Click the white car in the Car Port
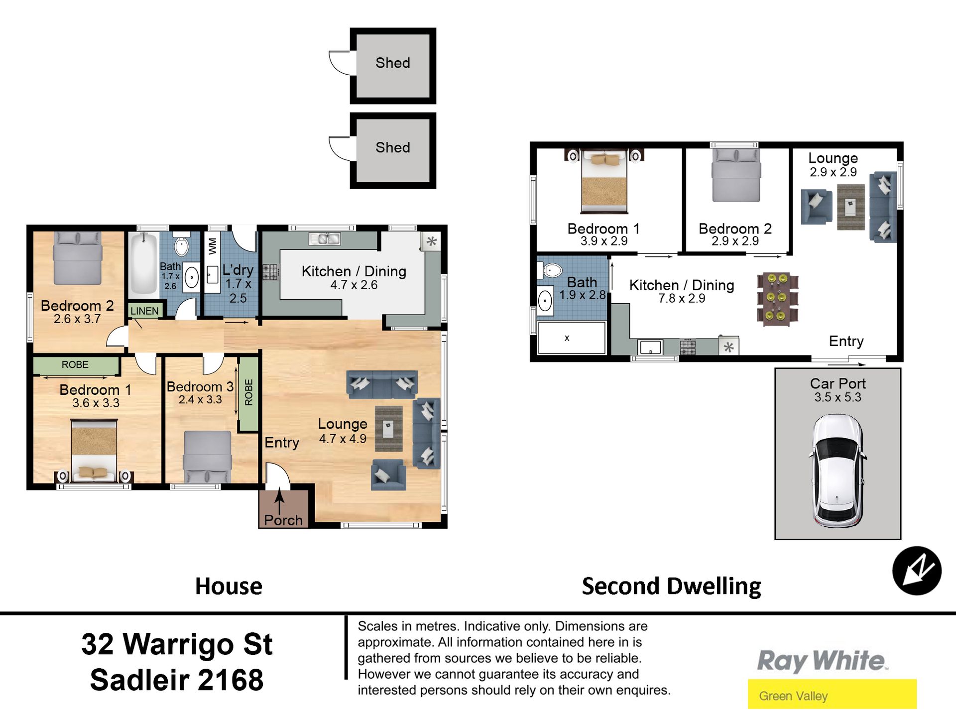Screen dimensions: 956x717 coord(838,471)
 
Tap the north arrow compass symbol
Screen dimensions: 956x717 coord(917,571)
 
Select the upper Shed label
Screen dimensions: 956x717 coord(393,63)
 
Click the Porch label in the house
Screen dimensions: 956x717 coord(283,520)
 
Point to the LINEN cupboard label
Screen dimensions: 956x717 coord(144,311)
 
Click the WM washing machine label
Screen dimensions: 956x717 coord(213,246)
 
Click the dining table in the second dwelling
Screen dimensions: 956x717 coord(777,299)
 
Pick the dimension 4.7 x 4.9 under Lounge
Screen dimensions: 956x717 coord(343,439)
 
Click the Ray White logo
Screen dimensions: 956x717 coord(823,661)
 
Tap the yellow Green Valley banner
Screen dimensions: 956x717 coord(832,694)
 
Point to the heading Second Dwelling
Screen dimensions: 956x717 coord(671,586)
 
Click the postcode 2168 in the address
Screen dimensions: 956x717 coord(231,680)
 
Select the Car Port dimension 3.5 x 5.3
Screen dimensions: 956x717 coord(838,397)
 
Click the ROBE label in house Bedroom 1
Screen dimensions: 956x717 coord(75,364)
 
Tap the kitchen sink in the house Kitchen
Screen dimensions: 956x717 coord(324,239)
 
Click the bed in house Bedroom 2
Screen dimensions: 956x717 coord(78,258)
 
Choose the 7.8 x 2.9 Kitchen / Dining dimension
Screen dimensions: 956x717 coord(682,298)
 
